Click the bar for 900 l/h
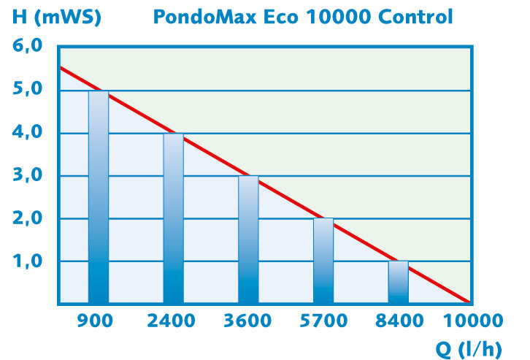coord(99,197)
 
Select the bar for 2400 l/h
coord(174,218)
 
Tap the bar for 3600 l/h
coord(248,240)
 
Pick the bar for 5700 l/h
coord(323,261)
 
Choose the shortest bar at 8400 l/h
coord(399,282)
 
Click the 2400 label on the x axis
coord(172,321)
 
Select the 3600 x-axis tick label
coord(248,321)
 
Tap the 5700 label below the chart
coord(323,321)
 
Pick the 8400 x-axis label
coord(399,321)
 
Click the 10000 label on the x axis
coord(474,321)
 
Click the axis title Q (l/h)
coord(469,348)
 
